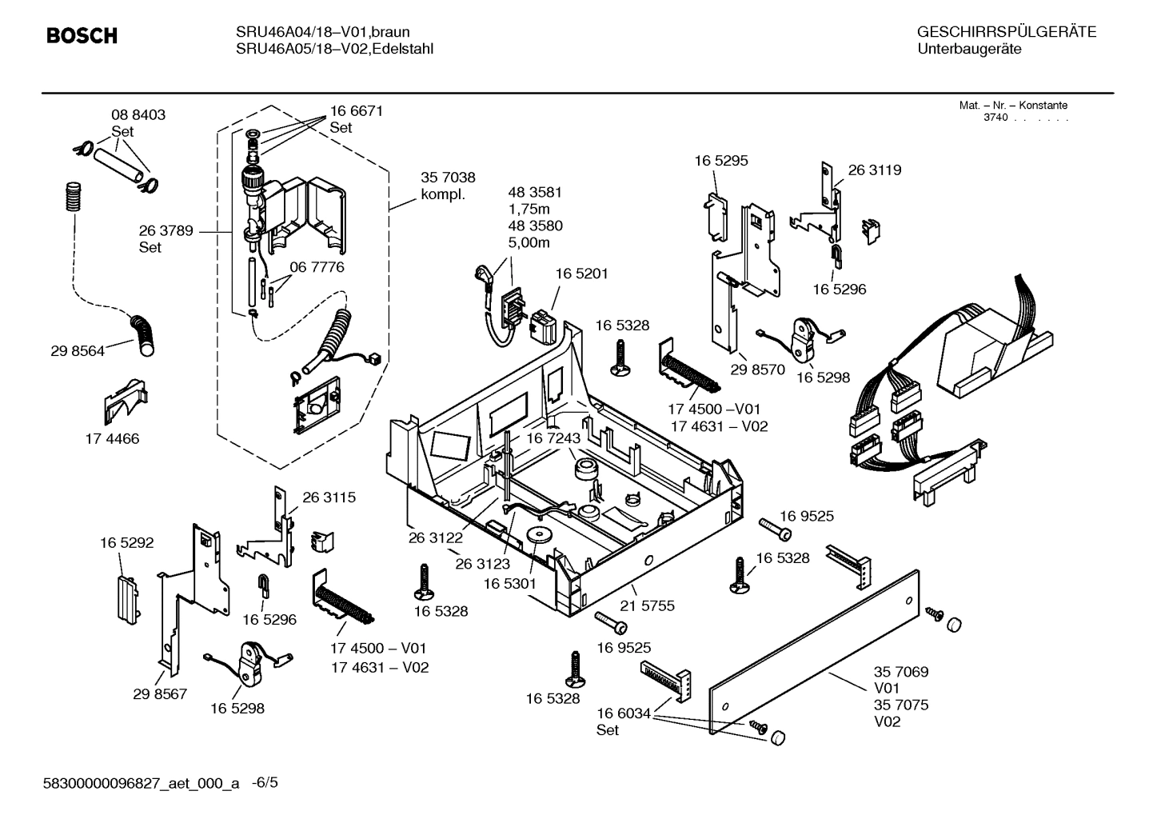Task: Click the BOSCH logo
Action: point(82,36)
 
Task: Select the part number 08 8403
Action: point(138,115)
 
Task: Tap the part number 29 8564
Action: point(77,351)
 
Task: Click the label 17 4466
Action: point(112,439)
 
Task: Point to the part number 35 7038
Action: point(448,178)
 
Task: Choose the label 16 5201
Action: point(581,274)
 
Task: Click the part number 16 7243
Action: point(553,439)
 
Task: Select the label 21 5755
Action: point(647,605)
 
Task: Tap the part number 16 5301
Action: point(509,584)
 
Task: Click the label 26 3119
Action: point(874,170)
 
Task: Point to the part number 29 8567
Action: point(160,693)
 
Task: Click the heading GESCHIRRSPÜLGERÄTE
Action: point(1006,32)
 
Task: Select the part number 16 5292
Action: point(126,543)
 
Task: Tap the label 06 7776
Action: point(317,267)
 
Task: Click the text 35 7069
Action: point(901,672)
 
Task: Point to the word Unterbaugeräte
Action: point(969,50)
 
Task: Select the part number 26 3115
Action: point(329,497)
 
